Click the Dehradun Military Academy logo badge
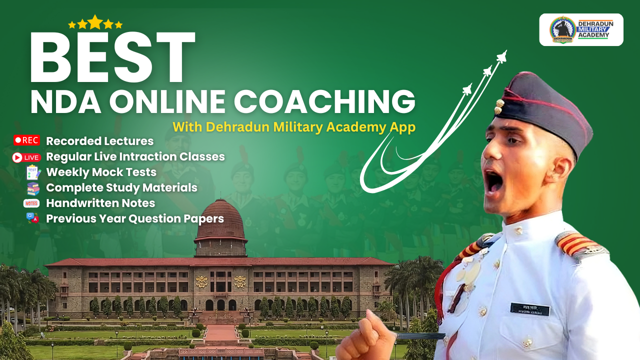pos(581,29)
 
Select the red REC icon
pos(26,140)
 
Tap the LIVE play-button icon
pos(26,157)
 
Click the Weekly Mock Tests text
pos(101,172)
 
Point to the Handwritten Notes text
pos(100,203)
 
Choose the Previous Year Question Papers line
pos(134,218)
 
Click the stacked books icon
pos(33,188)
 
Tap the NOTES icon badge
pos(31,203)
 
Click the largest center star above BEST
pos(95,22)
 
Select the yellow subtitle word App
pos(403,127)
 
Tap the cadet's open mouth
pos(494,183)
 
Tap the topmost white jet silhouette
pos(501,56)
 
